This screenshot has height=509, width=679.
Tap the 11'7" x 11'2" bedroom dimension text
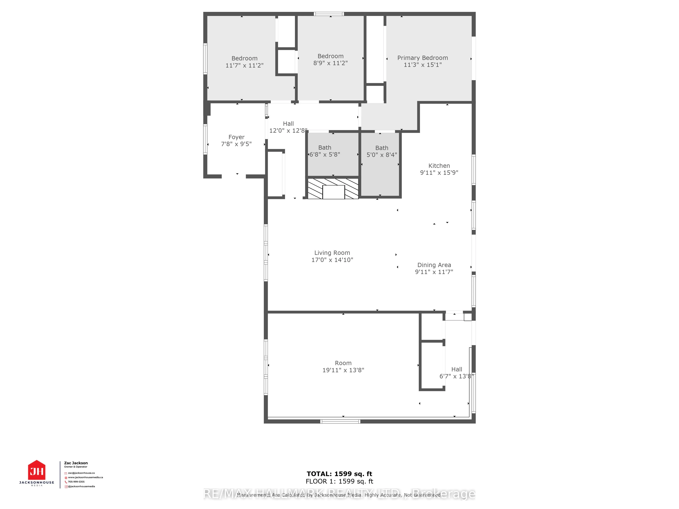point(244,65)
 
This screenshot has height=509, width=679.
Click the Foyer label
point(236,137)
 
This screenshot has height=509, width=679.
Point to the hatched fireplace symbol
point(333,189)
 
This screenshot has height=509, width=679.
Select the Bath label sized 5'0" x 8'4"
point(382,148)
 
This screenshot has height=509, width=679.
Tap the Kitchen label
point(439,166)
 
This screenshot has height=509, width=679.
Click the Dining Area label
point(434,265)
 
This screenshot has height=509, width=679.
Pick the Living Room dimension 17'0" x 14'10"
point(332,260)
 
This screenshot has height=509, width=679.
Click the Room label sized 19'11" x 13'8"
point(343,363)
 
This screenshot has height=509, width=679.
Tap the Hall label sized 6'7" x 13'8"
point(456,369)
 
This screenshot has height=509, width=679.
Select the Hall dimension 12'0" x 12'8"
point(288,131)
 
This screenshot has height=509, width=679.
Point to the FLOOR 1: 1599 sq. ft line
point(339,481)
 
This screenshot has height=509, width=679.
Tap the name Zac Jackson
point(76,463)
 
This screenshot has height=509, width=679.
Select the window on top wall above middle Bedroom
point(329,14)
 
